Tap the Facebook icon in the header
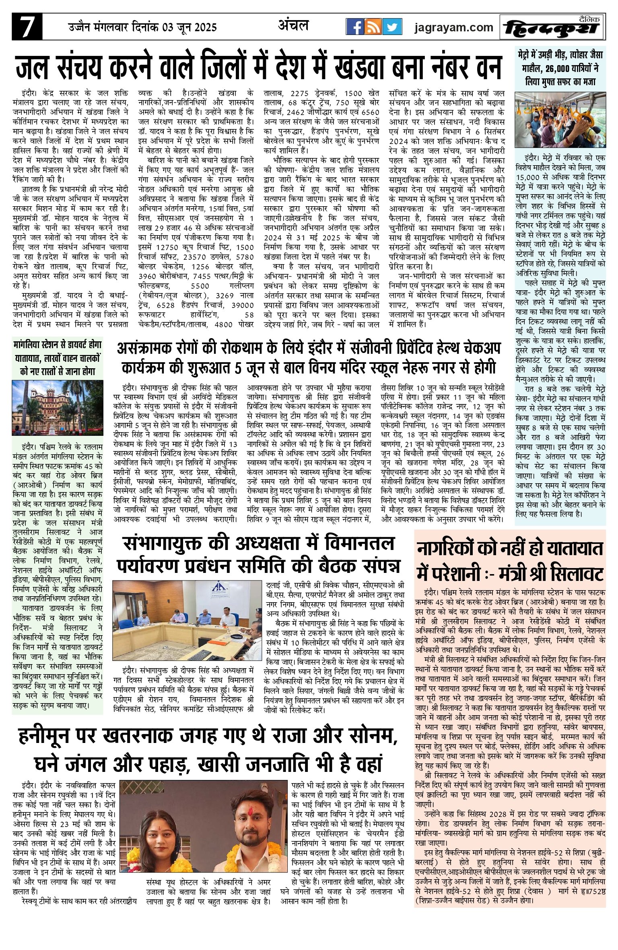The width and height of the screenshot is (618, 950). (x=355, y=27)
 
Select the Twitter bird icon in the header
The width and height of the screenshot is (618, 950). (x=391, y=27)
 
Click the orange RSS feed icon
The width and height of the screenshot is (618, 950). (x=373, y=27)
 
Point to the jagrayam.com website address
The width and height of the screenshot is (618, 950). (x=454, y=27)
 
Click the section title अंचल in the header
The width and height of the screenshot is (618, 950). (x=293, y=25)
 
